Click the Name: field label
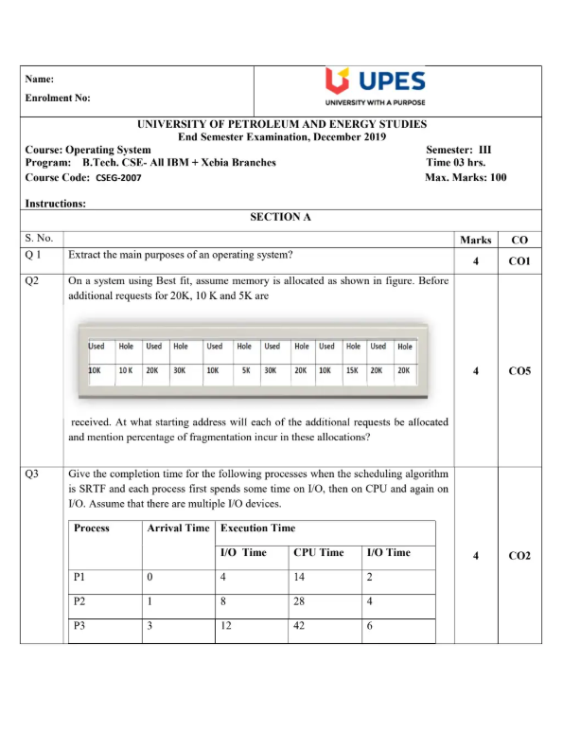tap(40, 80)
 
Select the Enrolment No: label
tap(58, 98)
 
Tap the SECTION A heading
tap(280, 217)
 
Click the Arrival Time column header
tap(178, 528)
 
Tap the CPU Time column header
tap(318, 552)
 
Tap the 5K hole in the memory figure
tap(244, 371)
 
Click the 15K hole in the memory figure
tap(352, 371)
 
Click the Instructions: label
tap(56, 203)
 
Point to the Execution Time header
tap(257, 528)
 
